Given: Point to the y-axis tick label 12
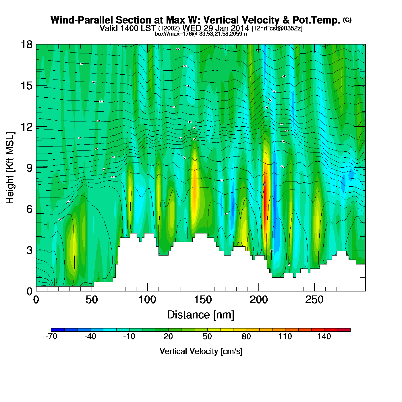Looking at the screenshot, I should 26,127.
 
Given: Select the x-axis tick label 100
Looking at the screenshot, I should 147,300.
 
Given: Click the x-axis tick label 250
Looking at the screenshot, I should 314,300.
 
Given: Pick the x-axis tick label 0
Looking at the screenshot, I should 36,300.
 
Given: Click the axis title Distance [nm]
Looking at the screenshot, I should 201,315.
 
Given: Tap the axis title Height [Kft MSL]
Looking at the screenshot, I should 10,168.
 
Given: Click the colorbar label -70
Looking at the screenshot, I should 51,337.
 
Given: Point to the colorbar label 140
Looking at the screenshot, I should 324,337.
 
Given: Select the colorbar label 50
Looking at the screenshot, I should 207,337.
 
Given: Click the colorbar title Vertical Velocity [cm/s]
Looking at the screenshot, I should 201,351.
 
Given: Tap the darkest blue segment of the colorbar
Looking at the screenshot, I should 58,330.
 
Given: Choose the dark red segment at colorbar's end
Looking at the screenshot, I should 344,330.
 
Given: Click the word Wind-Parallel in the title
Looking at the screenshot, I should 82,20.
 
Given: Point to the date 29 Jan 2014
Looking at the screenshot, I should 226,28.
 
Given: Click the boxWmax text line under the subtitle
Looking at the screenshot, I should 201,34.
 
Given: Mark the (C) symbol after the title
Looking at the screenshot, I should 347,20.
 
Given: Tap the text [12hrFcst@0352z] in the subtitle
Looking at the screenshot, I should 277,28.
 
